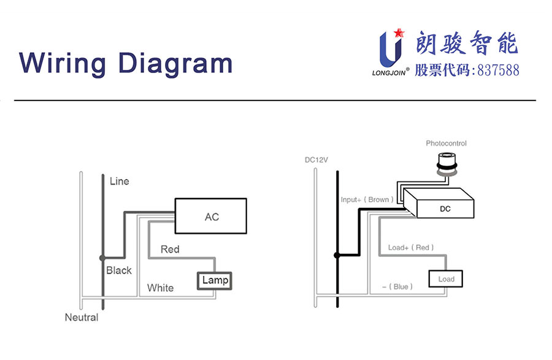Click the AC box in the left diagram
pos(210,216)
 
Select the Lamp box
pos(215,280)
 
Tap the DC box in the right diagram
pos(446,209)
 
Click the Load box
pos(446,279)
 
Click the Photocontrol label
pos(446,144)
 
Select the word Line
pos(119,182)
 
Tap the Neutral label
pos(82,318)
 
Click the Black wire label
pos(118,270)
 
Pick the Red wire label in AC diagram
pos(170,249)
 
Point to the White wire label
pos(160,288)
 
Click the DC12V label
pos(316,160)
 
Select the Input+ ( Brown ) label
pos(366,200)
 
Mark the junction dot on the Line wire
pos(102,258)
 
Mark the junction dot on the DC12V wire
pos(336,255)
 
